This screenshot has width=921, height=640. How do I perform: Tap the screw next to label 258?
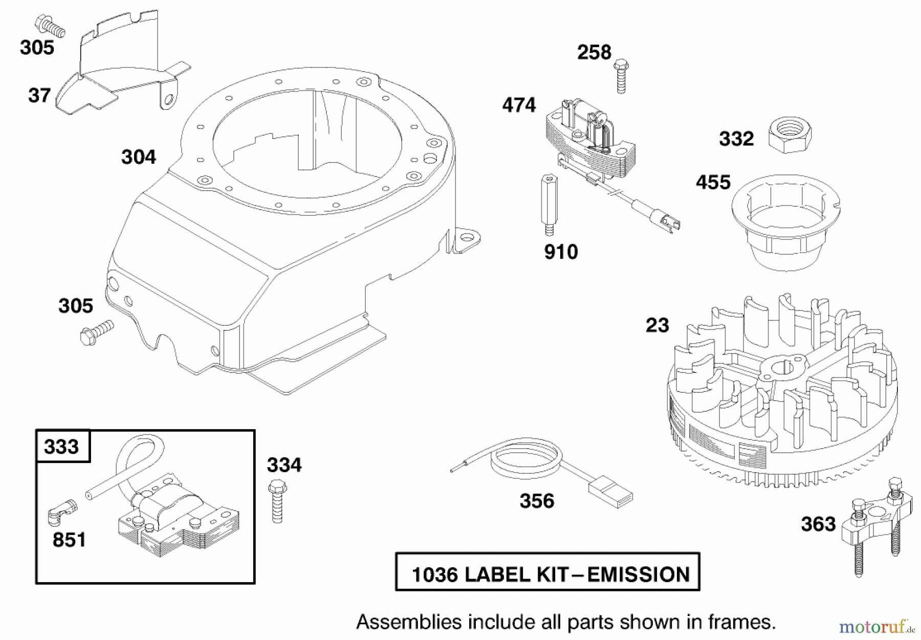click(x=621, y=77)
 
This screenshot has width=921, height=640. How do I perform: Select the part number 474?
click(x=518, y=105)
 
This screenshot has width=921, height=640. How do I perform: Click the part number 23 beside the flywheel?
click(x=657, y=325)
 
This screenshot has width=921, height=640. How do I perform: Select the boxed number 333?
click(x=61, y=447)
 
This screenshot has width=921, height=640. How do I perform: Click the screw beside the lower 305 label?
click(x=96, y=333)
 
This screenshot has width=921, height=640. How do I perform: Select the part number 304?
click(x=138, y=157)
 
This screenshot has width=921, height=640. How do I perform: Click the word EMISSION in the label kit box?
click(x=638, y=575)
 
